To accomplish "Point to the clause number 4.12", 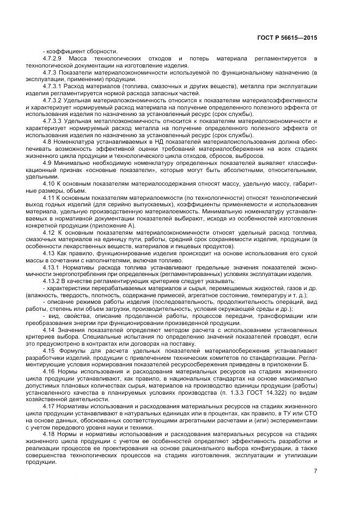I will point(50,232).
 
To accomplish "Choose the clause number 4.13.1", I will point(52,267).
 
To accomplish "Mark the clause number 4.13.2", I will point(52,281).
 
